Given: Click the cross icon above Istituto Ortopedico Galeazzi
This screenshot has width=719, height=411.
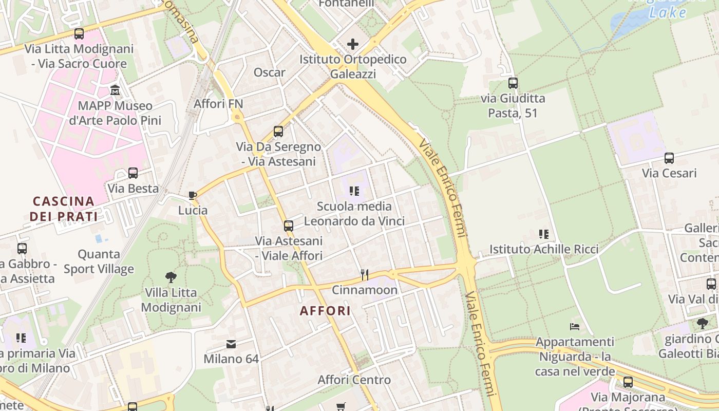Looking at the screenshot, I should pos(353,44).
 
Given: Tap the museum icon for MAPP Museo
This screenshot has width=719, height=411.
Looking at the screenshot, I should pos(115,91).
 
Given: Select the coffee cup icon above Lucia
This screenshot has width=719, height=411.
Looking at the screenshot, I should pos(193,195).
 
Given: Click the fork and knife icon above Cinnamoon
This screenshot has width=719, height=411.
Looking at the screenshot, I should pos(365,275).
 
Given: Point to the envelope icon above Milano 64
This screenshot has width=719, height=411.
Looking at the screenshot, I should pos(231,344).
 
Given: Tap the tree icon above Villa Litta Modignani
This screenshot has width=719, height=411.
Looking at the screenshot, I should pos(171,277).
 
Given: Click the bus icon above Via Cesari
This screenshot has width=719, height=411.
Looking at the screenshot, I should pos(669,158).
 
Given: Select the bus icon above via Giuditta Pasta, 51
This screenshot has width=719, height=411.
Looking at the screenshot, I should pos(513,83).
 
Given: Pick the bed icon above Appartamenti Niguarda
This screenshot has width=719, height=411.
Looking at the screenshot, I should pos(575,327).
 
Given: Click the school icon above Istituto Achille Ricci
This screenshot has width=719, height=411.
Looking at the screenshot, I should pos(544,234).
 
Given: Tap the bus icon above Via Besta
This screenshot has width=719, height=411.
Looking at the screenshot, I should pos(133,173).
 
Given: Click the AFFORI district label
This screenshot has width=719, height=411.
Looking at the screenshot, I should pos(326,311).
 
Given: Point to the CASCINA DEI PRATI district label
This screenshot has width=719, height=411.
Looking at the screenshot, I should pos(63,209).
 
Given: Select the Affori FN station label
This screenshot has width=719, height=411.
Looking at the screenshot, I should pos(218,104).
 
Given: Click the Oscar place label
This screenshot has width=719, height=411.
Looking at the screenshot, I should pos(269,72).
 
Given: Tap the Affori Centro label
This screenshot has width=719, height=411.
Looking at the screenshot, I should pos(354,380).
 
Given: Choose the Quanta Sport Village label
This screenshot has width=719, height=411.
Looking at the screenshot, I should pos(99,261).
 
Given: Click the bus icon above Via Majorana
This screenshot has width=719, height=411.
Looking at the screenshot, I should pos(628,382).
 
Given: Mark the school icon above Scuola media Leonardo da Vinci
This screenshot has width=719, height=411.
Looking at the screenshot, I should pos(354,191).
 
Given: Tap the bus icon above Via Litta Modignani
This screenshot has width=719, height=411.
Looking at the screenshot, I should pos(79,34).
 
